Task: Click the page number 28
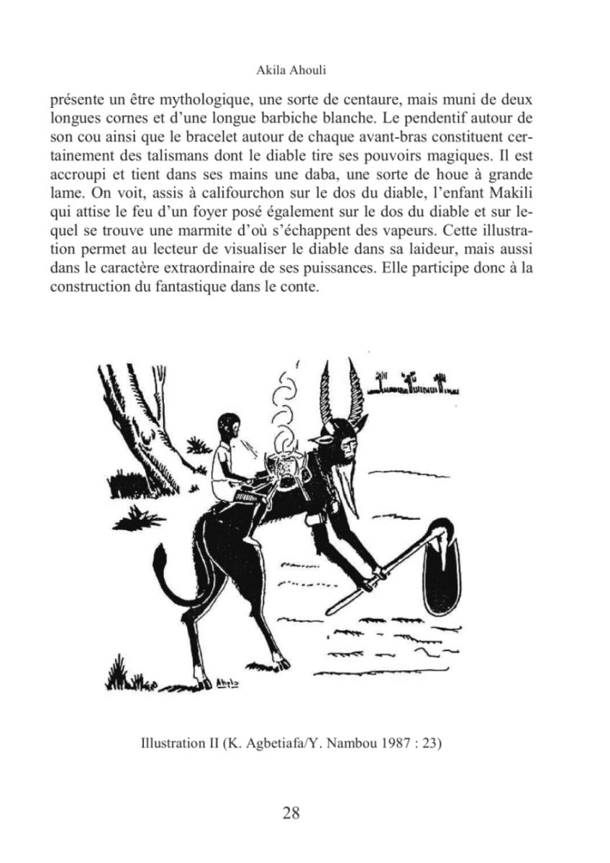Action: click(x=291, y=813)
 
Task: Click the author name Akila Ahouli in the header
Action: click(x=292, y=71)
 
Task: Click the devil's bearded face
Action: click(x=347, y=451)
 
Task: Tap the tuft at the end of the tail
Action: click(x=158, y=562)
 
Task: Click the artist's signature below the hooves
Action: click(x=229, y=682)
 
